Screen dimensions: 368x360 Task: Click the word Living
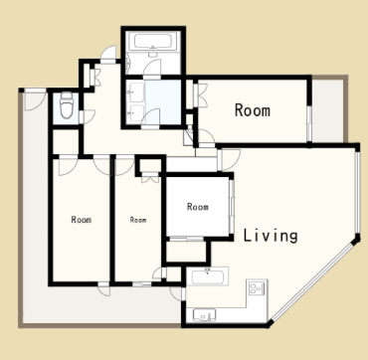coord(271,236)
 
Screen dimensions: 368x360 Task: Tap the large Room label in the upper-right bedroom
coord(253,110)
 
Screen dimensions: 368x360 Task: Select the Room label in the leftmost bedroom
coord(82,220)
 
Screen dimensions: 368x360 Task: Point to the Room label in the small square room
coord(198,207)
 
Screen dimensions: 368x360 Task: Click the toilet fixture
coord(67,104)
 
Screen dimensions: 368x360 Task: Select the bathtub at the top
coord(153,42)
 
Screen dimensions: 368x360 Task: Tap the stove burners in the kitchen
coord(257,288)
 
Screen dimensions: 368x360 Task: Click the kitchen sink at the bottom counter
coord(204,315)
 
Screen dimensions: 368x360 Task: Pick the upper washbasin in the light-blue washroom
coord(136,91)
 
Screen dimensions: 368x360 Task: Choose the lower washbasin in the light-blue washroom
coord(136,113)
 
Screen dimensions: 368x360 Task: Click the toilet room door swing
coord(88,116)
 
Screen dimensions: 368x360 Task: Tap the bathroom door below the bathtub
coord(152,68)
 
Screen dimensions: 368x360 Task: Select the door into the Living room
coord(230,160)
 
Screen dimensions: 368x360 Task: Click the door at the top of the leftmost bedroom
coord(68,166)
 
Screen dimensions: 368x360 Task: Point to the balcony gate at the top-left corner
coord(35,99)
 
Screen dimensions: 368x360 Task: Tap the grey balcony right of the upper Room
coord(328,110)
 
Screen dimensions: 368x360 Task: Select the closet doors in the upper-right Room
coord(200,95)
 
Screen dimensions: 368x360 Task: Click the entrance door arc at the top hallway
coord(109,54)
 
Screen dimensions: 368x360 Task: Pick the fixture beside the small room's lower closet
coord(207,275)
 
